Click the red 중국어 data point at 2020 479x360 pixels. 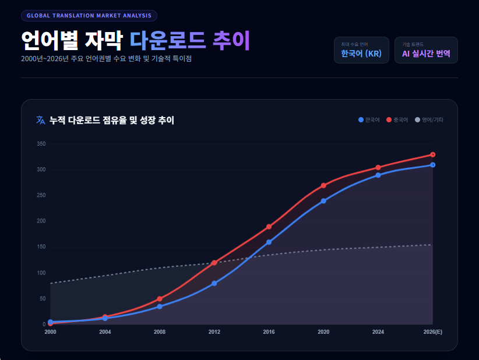point(323,185)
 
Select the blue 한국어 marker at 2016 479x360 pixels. point(269,242)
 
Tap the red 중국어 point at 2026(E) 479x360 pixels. point(432,154)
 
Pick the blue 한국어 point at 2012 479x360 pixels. point(214,283)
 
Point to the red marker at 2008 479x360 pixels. point(160,299)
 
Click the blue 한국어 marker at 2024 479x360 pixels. point(378,175)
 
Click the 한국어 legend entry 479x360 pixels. point(369,120)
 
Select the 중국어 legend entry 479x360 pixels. point(397,120)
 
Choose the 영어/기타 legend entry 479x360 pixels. point(429,120)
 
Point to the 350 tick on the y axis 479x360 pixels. point(41,144)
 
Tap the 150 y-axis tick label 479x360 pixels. point(41,247)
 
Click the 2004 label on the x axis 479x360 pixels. point(105,332)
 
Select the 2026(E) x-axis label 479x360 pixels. point(432,332)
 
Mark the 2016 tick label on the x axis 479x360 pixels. point(269,332)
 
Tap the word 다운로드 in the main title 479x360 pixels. point(168,40)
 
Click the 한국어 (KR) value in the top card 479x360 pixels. point(361,54)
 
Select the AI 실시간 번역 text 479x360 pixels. point(426,54)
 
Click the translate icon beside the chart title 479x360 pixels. point(40,120)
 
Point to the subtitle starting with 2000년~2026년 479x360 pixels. point(106,59)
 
